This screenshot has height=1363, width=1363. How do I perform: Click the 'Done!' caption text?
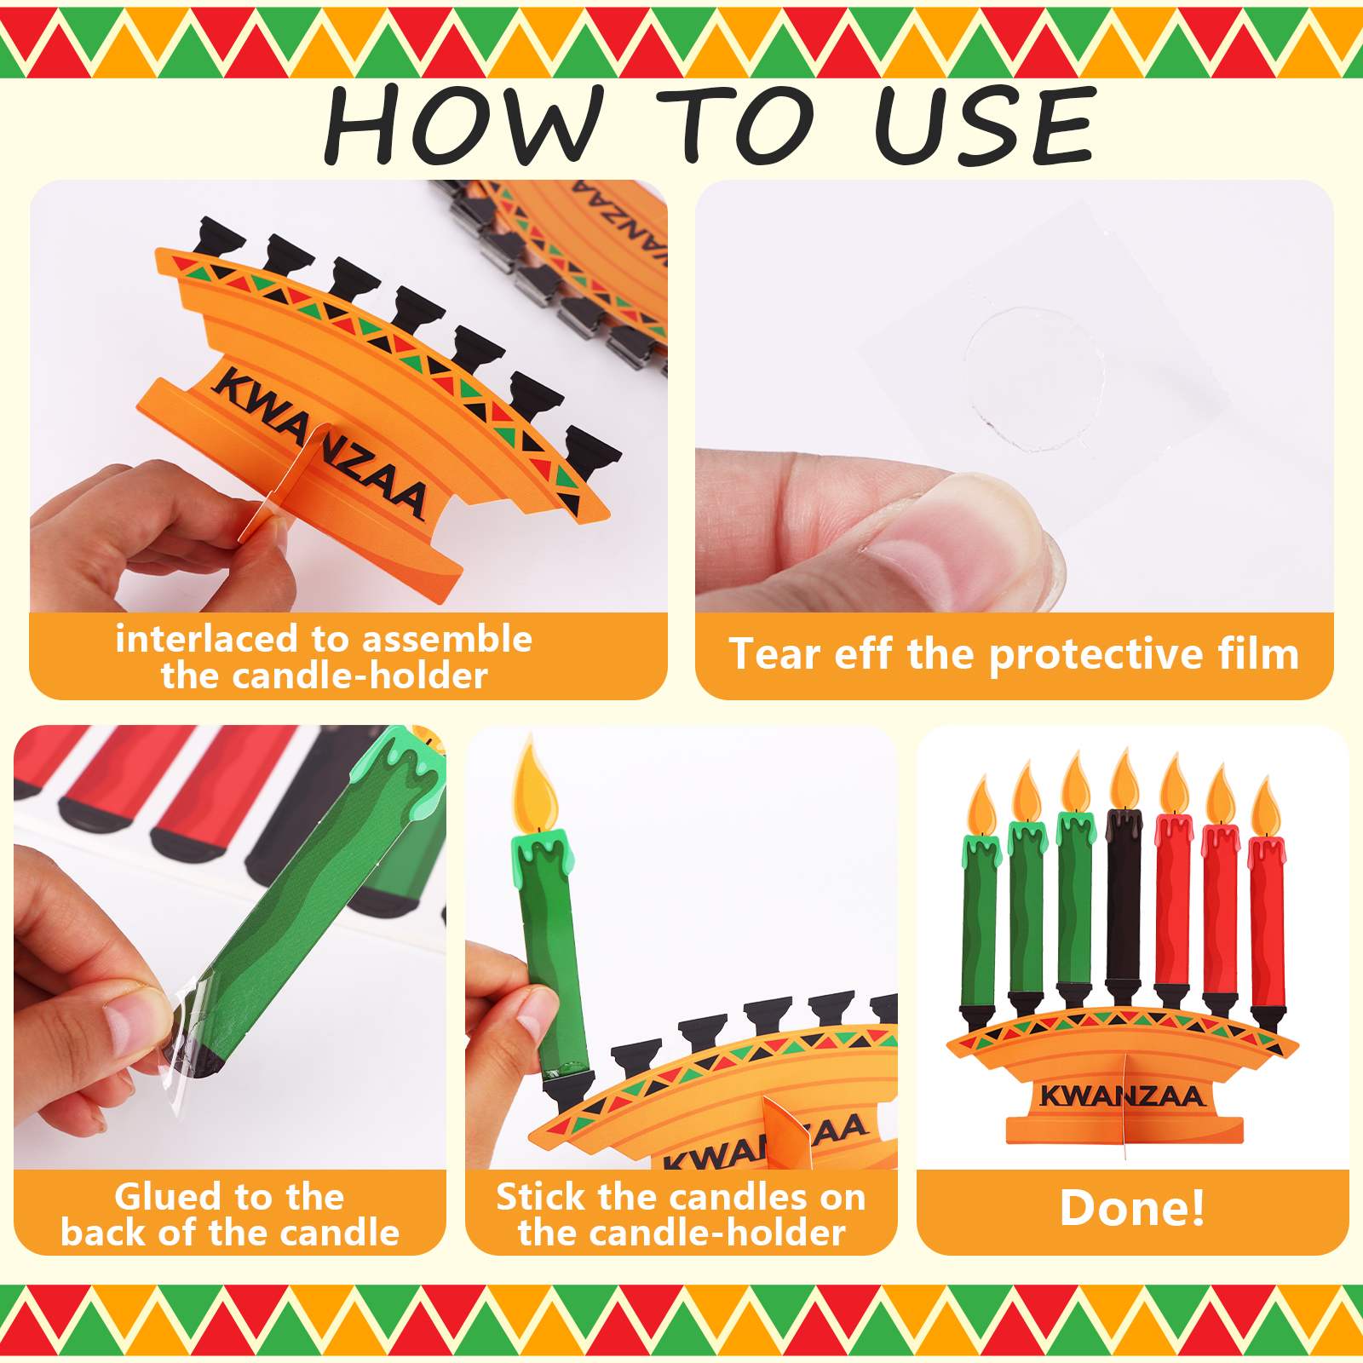tap(1132, 1208)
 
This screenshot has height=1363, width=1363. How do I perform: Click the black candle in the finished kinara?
tap(1124, 903)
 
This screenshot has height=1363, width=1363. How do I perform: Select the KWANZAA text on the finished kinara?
tap(1122, 1096)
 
